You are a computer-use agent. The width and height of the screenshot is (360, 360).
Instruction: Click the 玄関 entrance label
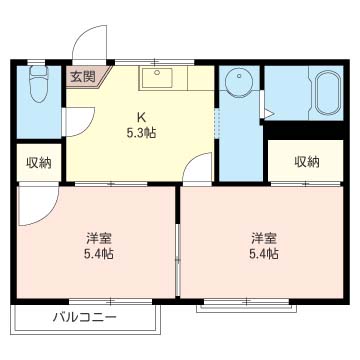[x=83, y=77]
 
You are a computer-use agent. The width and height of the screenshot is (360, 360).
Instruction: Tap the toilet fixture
[x=39, y=84]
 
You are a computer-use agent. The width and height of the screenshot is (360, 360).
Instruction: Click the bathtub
[x=329, y=93]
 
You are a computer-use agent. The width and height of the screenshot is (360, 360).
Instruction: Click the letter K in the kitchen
[x=142, y=117]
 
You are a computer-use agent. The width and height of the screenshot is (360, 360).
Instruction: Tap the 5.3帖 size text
[x=141, y=133]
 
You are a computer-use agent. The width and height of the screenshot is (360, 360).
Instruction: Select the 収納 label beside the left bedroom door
[x=39, y=163]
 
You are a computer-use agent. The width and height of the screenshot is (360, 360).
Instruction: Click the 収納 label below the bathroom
[x=306, y=162]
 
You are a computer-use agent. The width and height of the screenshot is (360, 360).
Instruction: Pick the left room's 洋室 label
[x=99, y=239]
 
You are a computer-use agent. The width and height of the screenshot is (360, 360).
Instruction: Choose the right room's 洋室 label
[x=264, y=239]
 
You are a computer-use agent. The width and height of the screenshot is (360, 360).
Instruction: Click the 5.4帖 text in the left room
[x=99, y=255]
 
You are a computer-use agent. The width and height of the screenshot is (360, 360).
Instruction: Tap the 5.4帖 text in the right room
[x=264, y=255]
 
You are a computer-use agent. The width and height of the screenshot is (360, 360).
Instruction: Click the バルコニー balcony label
[x=85, y=316]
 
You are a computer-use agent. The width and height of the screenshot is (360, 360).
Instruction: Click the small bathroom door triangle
[x=267, y=113]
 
